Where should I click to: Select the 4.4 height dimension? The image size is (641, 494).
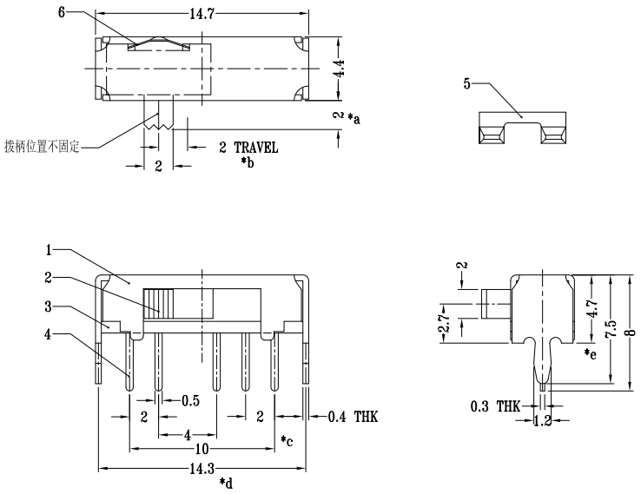tap(340, 68)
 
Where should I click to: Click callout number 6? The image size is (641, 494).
tap(61, 11)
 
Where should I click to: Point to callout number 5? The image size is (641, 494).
tap(467, 83)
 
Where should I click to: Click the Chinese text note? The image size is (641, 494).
tap(42, 146)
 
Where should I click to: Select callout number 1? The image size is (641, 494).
tap(50, 249)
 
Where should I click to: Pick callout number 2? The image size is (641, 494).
tap(50, 278)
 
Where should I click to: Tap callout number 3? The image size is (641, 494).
tap(50, 306)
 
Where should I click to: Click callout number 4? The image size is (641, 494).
tap(50, 334)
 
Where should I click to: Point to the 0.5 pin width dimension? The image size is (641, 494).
tap(191, 400)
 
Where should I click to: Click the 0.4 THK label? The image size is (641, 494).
tap(354, 418)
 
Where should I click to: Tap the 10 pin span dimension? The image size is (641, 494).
tap(202, 450)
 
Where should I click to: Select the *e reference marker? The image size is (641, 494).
tap(591, 353)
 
